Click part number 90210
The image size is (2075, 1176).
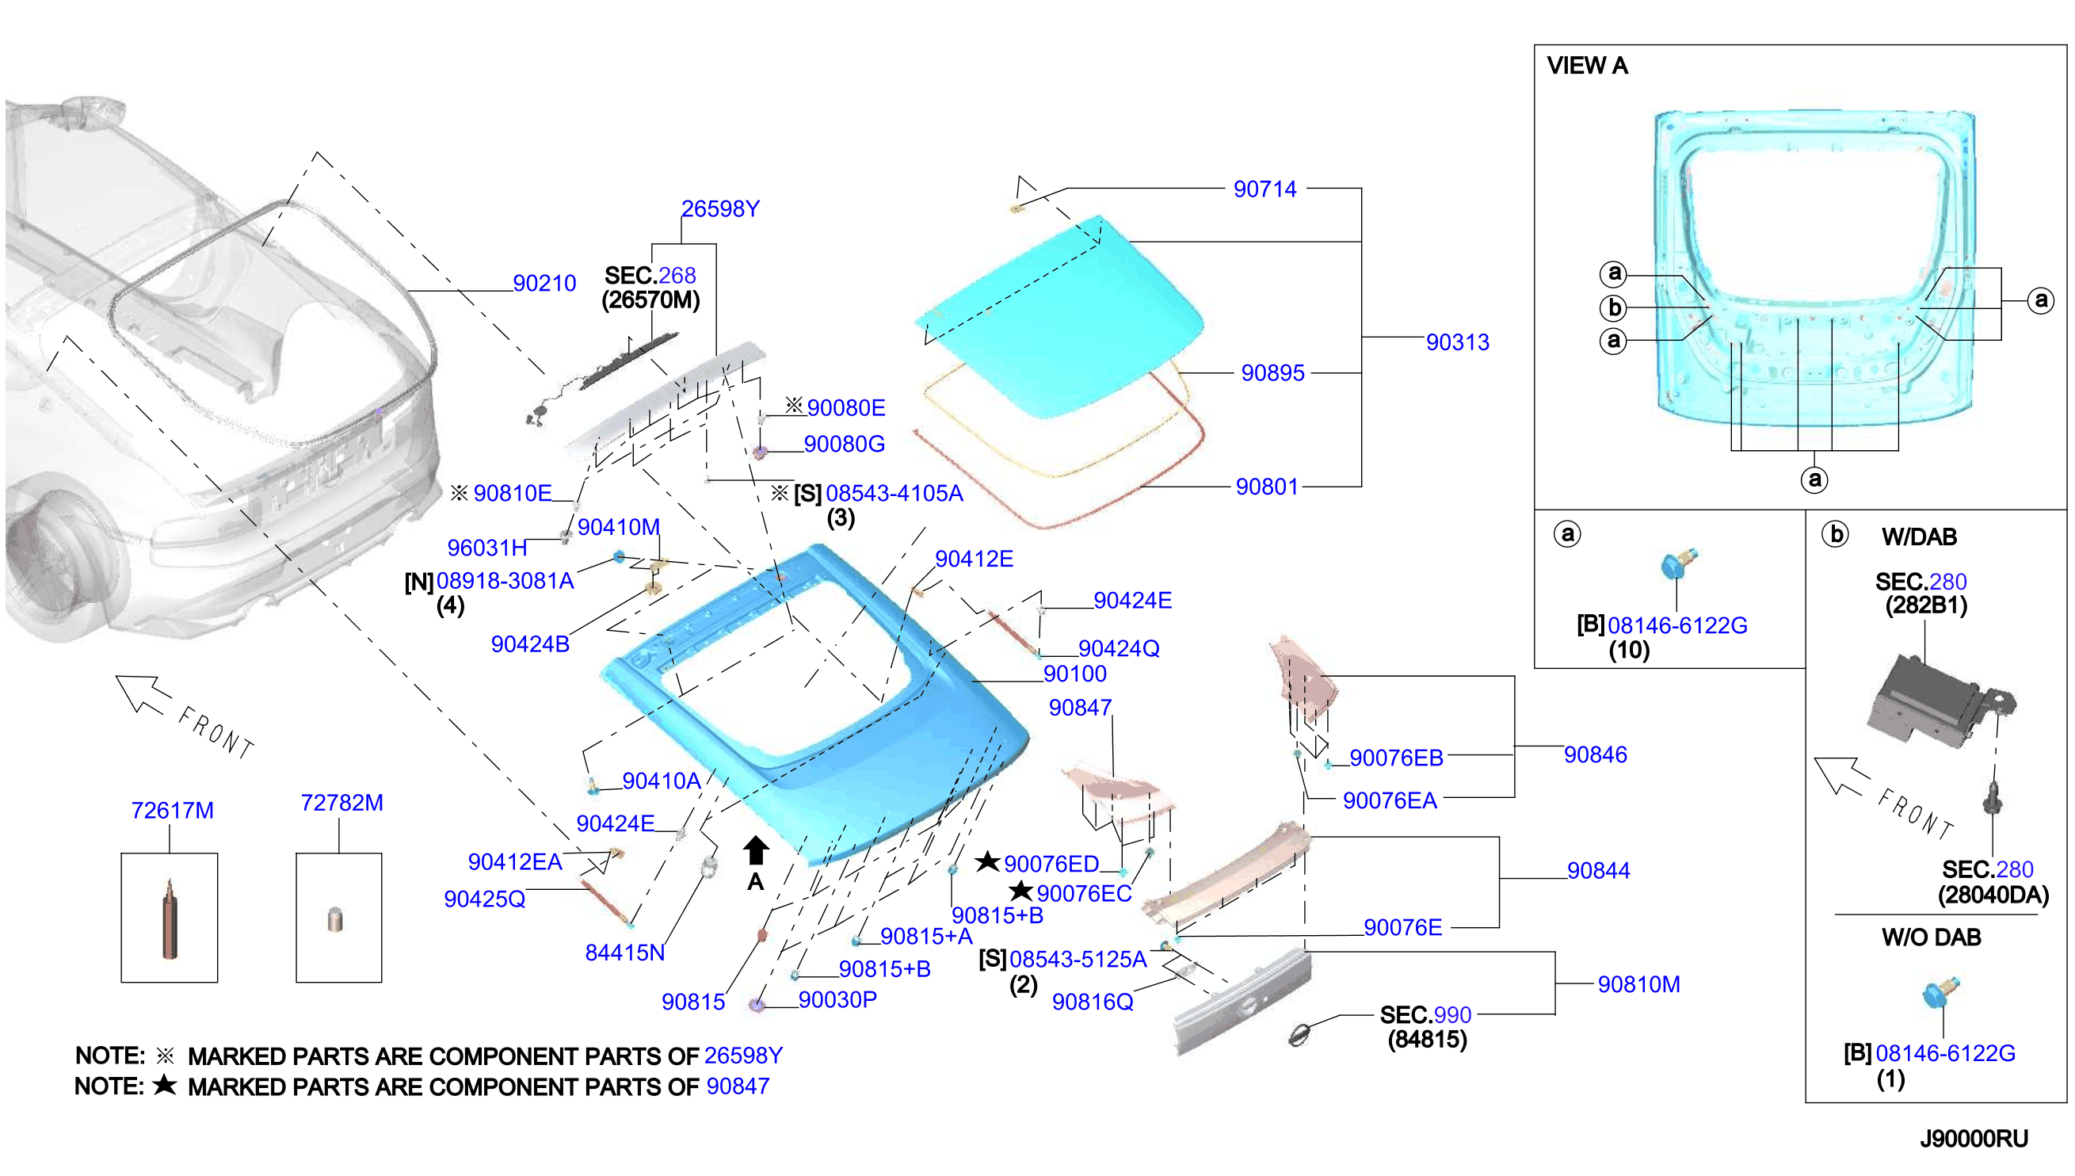544,284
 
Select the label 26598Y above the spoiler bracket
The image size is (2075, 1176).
720,209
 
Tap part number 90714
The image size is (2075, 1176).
1264,189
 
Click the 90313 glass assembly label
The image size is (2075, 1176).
1457,342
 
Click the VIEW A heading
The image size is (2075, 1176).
1586,66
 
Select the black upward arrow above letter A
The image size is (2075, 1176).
756,850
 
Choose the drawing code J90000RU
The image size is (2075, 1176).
1974,1139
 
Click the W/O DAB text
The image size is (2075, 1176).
1931,937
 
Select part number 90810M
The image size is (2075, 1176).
1638,984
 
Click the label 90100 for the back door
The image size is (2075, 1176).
1074,674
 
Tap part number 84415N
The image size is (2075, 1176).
625,953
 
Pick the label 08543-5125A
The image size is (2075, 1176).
1078,960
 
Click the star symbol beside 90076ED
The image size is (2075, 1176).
987,862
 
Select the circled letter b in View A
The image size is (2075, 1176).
1614,307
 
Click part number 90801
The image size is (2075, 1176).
1267,487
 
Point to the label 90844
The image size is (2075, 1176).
1598,871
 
